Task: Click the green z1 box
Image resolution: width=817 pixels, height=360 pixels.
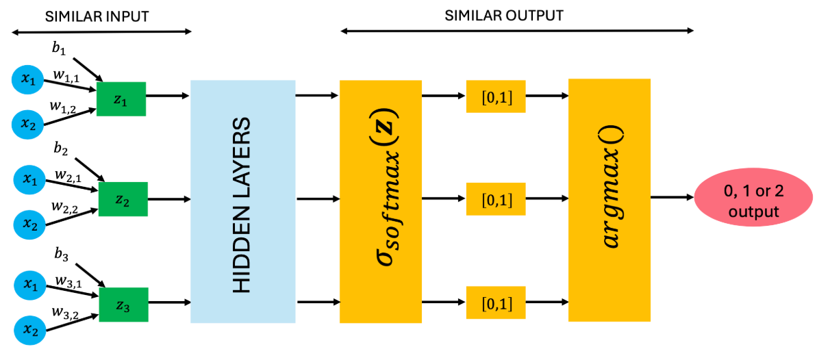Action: tap(121, 99)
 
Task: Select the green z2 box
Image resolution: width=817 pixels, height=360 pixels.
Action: tap(123, 199)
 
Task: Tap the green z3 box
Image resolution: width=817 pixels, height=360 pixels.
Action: tap(123, 305)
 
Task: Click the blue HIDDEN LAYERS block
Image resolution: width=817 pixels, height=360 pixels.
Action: tap(242, 201)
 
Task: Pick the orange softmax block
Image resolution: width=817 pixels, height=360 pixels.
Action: tap(381, 201)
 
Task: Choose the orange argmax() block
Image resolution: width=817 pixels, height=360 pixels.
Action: tap(609, 200)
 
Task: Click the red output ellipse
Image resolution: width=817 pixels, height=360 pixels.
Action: tap(753, 203)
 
